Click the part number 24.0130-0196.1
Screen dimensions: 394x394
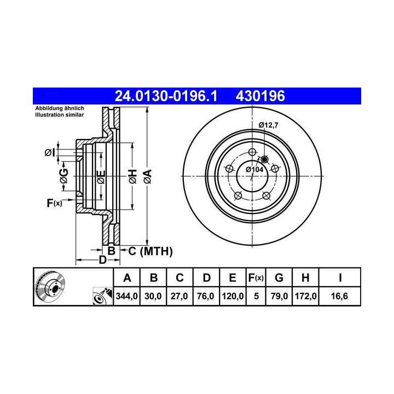click(x=166, y=96)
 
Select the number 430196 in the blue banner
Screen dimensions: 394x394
click(x=260, y=96)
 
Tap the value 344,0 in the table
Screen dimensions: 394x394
click(x=126, y=296)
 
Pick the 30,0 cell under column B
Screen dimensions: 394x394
click(x=153, y=296)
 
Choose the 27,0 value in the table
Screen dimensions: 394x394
click(x=179, y=296)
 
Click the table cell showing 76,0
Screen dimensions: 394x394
click(x=206, y=296)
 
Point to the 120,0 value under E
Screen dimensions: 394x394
click(x=233, y=296)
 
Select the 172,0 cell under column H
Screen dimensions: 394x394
click(x=305, y=296)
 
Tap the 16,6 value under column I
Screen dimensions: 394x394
click(x=339, y=296)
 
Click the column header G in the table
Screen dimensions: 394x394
click(x=279, y=278)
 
